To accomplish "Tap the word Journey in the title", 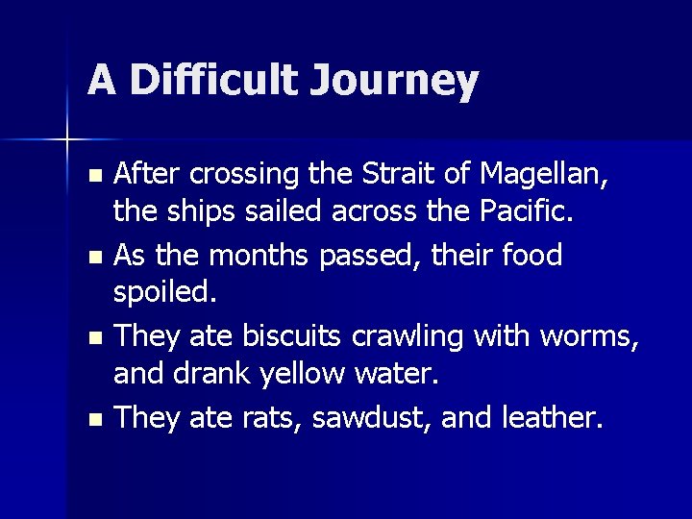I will [x=394, y=82].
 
